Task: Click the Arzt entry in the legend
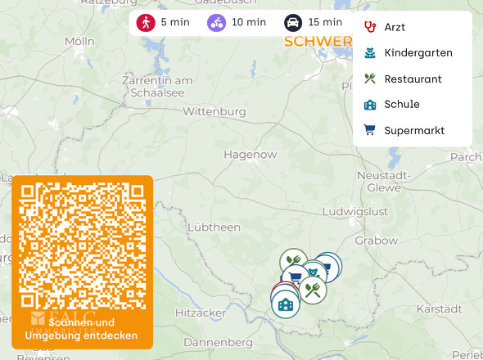(395, 27)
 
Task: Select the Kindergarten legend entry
(418, 53)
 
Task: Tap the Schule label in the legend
(402, 105)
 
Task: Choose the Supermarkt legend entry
(414, 131)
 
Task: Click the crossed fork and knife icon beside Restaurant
(370, 79)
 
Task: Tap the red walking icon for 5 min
(146, 22)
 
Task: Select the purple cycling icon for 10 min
(217, 22)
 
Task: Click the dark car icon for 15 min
(292, 22)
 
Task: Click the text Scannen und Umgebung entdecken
(82, 330)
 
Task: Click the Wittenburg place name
(215, 111)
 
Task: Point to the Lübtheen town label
(214, 227)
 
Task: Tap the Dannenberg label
(219, 342)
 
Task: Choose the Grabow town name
(377, 241)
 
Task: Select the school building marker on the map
(286, 305)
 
